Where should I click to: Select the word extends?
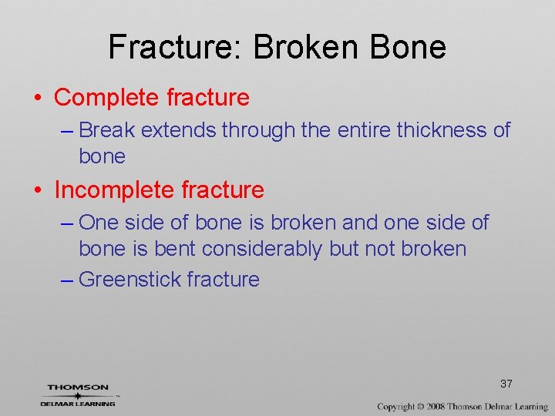179,130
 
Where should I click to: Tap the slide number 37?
506,384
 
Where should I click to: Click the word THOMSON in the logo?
78,387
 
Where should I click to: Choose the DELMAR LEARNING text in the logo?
78,403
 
